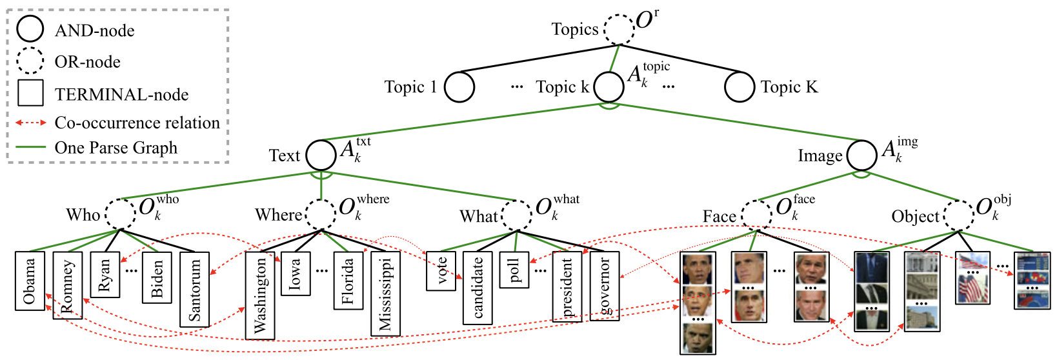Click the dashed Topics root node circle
click(619, 29)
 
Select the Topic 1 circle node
click(459, 87)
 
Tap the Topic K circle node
click(740, 87)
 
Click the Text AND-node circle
click(321, 155)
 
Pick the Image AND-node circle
click(862, 155)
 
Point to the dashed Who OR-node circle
click(121, 214)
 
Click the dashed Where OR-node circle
click(321, 214)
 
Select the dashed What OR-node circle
click(518, 214)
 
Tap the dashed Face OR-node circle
click(756, 215)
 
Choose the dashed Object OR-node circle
click(959, 215)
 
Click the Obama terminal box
click(30, 281)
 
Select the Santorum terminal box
click(194, 289)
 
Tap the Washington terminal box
click(260, 295)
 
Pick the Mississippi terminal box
click(385, 294)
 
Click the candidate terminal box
click(478, 288)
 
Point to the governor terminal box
click(605, 285)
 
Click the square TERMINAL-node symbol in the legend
click(30, 93)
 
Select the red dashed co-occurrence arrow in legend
click(30, 123)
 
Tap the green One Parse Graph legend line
click(30, 148)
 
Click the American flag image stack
click(972, 278)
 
